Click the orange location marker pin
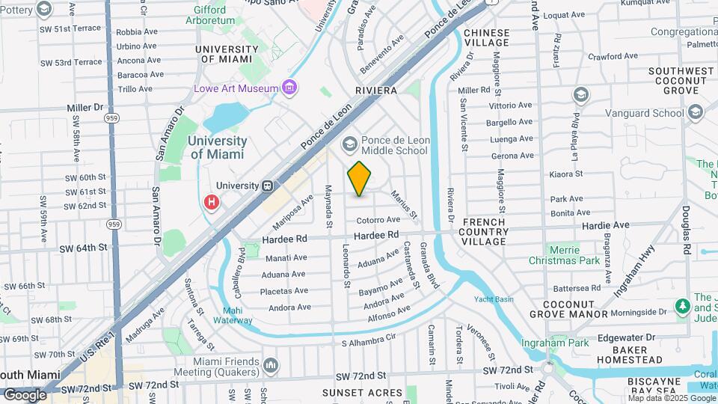[359, 179]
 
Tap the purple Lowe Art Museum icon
[289, 88]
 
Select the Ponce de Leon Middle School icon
[349, 144]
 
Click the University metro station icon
[267, 186]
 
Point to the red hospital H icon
[212, 202]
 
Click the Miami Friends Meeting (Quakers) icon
[270, 365]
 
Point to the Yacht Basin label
[494, 299]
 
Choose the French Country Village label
[495, 231]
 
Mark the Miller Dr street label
[84, 107]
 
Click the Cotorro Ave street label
[378, 220]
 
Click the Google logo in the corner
[25, 394]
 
